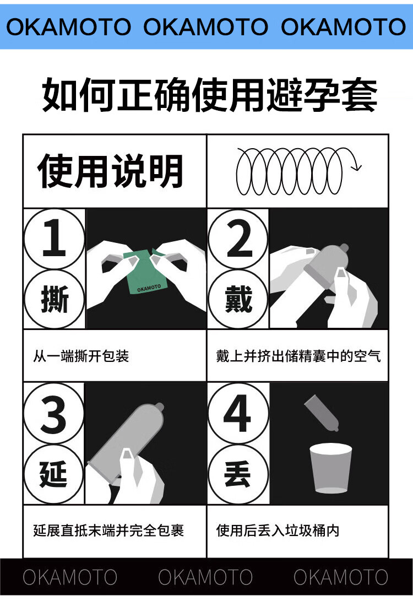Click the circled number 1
[x=54, y=239]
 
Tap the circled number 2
[x=238, y=239]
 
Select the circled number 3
[x=53, y=414]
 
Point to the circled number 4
[x=238, y=414]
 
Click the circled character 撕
[x=54, y=299]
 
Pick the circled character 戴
[x=238, y=299]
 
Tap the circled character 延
[x=53, y=474]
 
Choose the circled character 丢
[x=238, y=474]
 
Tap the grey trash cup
[x=330, y=468]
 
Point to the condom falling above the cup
[x=321, y=413]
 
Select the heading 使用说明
[x=110, y=171]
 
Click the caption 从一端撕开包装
[x=81, y=356]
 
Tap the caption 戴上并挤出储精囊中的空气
[x=298, y=356]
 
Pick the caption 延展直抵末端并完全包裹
[x=108, y=530]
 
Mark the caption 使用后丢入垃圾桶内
[x=278, y=530]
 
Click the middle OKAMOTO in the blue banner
[x=206, y=27]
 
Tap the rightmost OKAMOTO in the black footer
[x=341, y=577]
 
